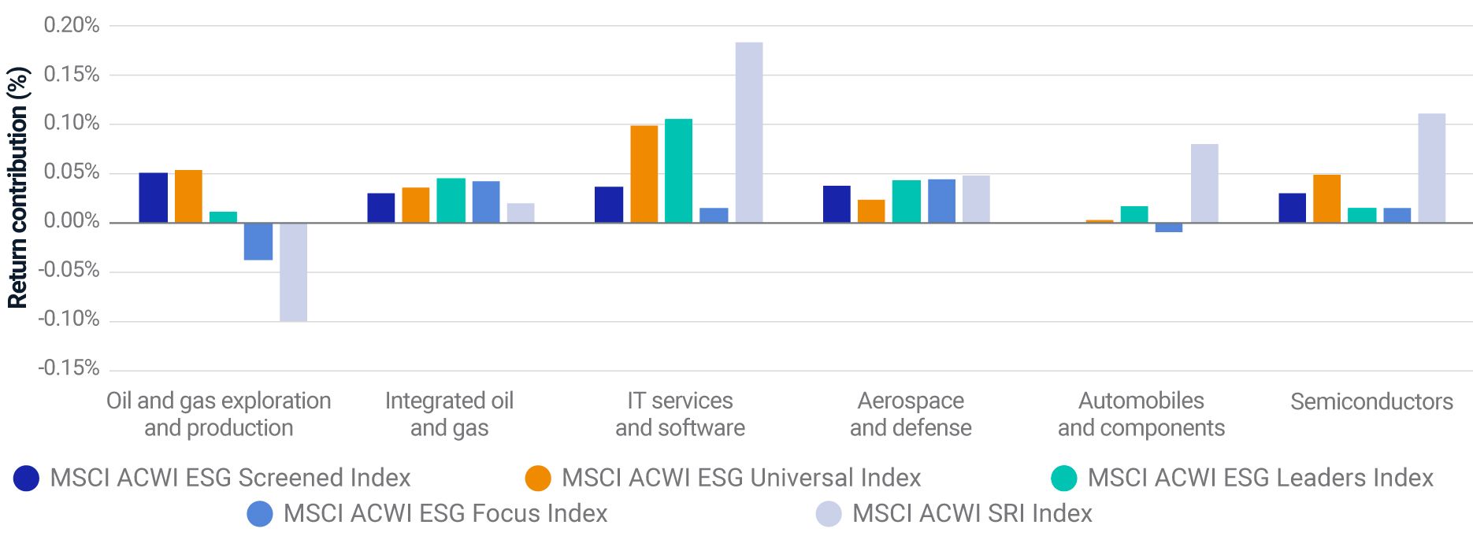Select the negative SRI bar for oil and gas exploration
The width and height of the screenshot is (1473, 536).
[x=293, y=272]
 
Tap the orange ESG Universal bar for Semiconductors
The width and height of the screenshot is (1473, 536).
[x=1326, y=198]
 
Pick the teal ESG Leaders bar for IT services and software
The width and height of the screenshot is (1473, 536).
[x=678, y=171]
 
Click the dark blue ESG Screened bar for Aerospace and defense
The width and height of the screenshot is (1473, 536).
[x=837, y=204]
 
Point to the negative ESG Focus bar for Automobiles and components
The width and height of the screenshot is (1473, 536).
[x=1168, y=227]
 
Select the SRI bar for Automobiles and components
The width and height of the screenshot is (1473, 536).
[x=1204, y=183]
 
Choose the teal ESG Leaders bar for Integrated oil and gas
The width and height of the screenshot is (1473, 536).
[x=451, y=201]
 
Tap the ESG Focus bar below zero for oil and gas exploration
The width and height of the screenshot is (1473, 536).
[x=258, y=241]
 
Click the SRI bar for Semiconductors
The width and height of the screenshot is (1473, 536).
[x=1431, y=168]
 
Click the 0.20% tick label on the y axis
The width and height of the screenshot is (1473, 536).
[x=72, y=25]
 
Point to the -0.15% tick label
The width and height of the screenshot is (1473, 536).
[x=69, y=368]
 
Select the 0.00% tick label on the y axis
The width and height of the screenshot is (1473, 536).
[x=72, y=221]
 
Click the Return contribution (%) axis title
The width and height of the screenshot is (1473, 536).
[x=17, y=187]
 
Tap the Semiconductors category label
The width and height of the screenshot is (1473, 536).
[x=1371, y=401]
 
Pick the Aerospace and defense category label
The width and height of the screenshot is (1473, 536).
[x=911, y=414]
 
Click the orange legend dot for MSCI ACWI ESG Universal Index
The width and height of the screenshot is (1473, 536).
[x=538, y=479]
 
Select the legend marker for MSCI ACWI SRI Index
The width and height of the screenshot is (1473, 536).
[x=828, y=514]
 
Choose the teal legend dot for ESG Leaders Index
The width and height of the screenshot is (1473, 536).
[x=1063, y=479]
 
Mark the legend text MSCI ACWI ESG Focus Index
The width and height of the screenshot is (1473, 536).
[x=445, y=513]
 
